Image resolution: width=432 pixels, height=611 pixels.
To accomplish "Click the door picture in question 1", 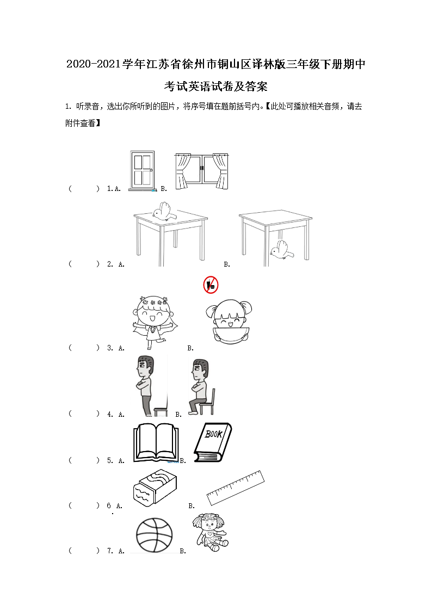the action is (142, 171).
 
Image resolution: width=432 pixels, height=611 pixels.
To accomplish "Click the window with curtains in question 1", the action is (201, 171).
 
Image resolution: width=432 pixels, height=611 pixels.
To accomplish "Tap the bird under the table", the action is (282, 250).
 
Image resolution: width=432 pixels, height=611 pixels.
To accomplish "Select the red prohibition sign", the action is (211, 285).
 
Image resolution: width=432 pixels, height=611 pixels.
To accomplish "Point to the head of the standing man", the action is (145, 367).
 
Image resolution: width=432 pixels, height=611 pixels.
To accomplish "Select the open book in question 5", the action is (156, 443).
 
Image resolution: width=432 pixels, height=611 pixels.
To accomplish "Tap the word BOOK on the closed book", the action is (214, 433).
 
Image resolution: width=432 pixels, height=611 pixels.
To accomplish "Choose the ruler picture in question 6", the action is (235, 487).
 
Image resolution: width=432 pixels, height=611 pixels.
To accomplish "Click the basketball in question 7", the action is (155, 535).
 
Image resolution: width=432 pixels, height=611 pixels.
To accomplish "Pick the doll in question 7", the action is (211, 532).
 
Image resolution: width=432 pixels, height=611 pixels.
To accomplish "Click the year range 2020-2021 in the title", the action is (94, 64).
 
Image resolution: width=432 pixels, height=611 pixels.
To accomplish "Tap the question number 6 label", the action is (109, 505).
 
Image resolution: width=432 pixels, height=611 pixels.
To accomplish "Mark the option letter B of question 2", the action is (227, 264).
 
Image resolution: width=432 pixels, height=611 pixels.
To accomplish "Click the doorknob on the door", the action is (151, 170).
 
